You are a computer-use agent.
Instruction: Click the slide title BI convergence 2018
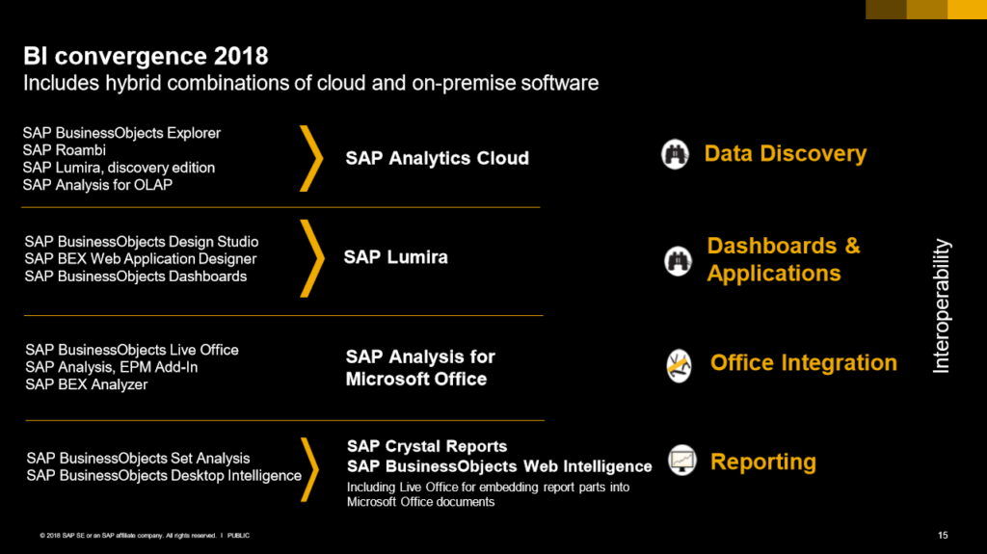(146, 56)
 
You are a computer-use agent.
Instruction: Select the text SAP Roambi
(65, 150)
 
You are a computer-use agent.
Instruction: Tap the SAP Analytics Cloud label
(437, 158)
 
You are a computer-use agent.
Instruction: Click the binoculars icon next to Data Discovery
(675, 154)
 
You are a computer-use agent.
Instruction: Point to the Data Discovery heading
(785, 153)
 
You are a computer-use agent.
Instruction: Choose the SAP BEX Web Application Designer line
(141, 259)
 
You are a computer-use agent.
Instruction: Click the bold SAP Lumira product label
(395, 257)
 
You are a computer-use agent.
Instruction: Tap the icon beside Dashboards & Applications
(678, 261)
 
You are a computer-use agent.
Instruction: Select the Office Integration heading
(803, 362)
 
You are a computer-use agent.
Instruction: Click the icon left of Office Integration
(679, 366)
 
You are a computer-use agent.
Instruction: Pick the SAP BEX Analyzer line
(86, 384)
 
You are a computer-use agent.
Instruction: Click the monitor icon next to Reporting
(682, 461)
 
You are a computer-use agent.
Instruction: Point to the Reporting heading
(763, 462)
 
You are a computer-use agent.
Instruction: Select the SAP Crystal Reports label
(427, 446)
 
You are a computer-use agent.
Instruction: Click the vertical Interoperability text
(941, 306)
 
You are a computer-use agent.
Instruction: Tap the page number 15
(943, 535)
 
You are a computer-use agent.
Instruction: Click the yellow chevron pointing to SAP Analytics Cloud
(311, 158)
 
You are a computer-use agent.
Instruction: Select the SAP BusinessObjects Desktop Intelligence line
(164, 476)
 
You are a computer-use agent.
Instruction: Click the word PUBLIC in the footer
(239, 536)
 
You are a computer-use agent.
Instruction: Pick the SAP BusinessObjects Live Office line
(131, 350)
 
